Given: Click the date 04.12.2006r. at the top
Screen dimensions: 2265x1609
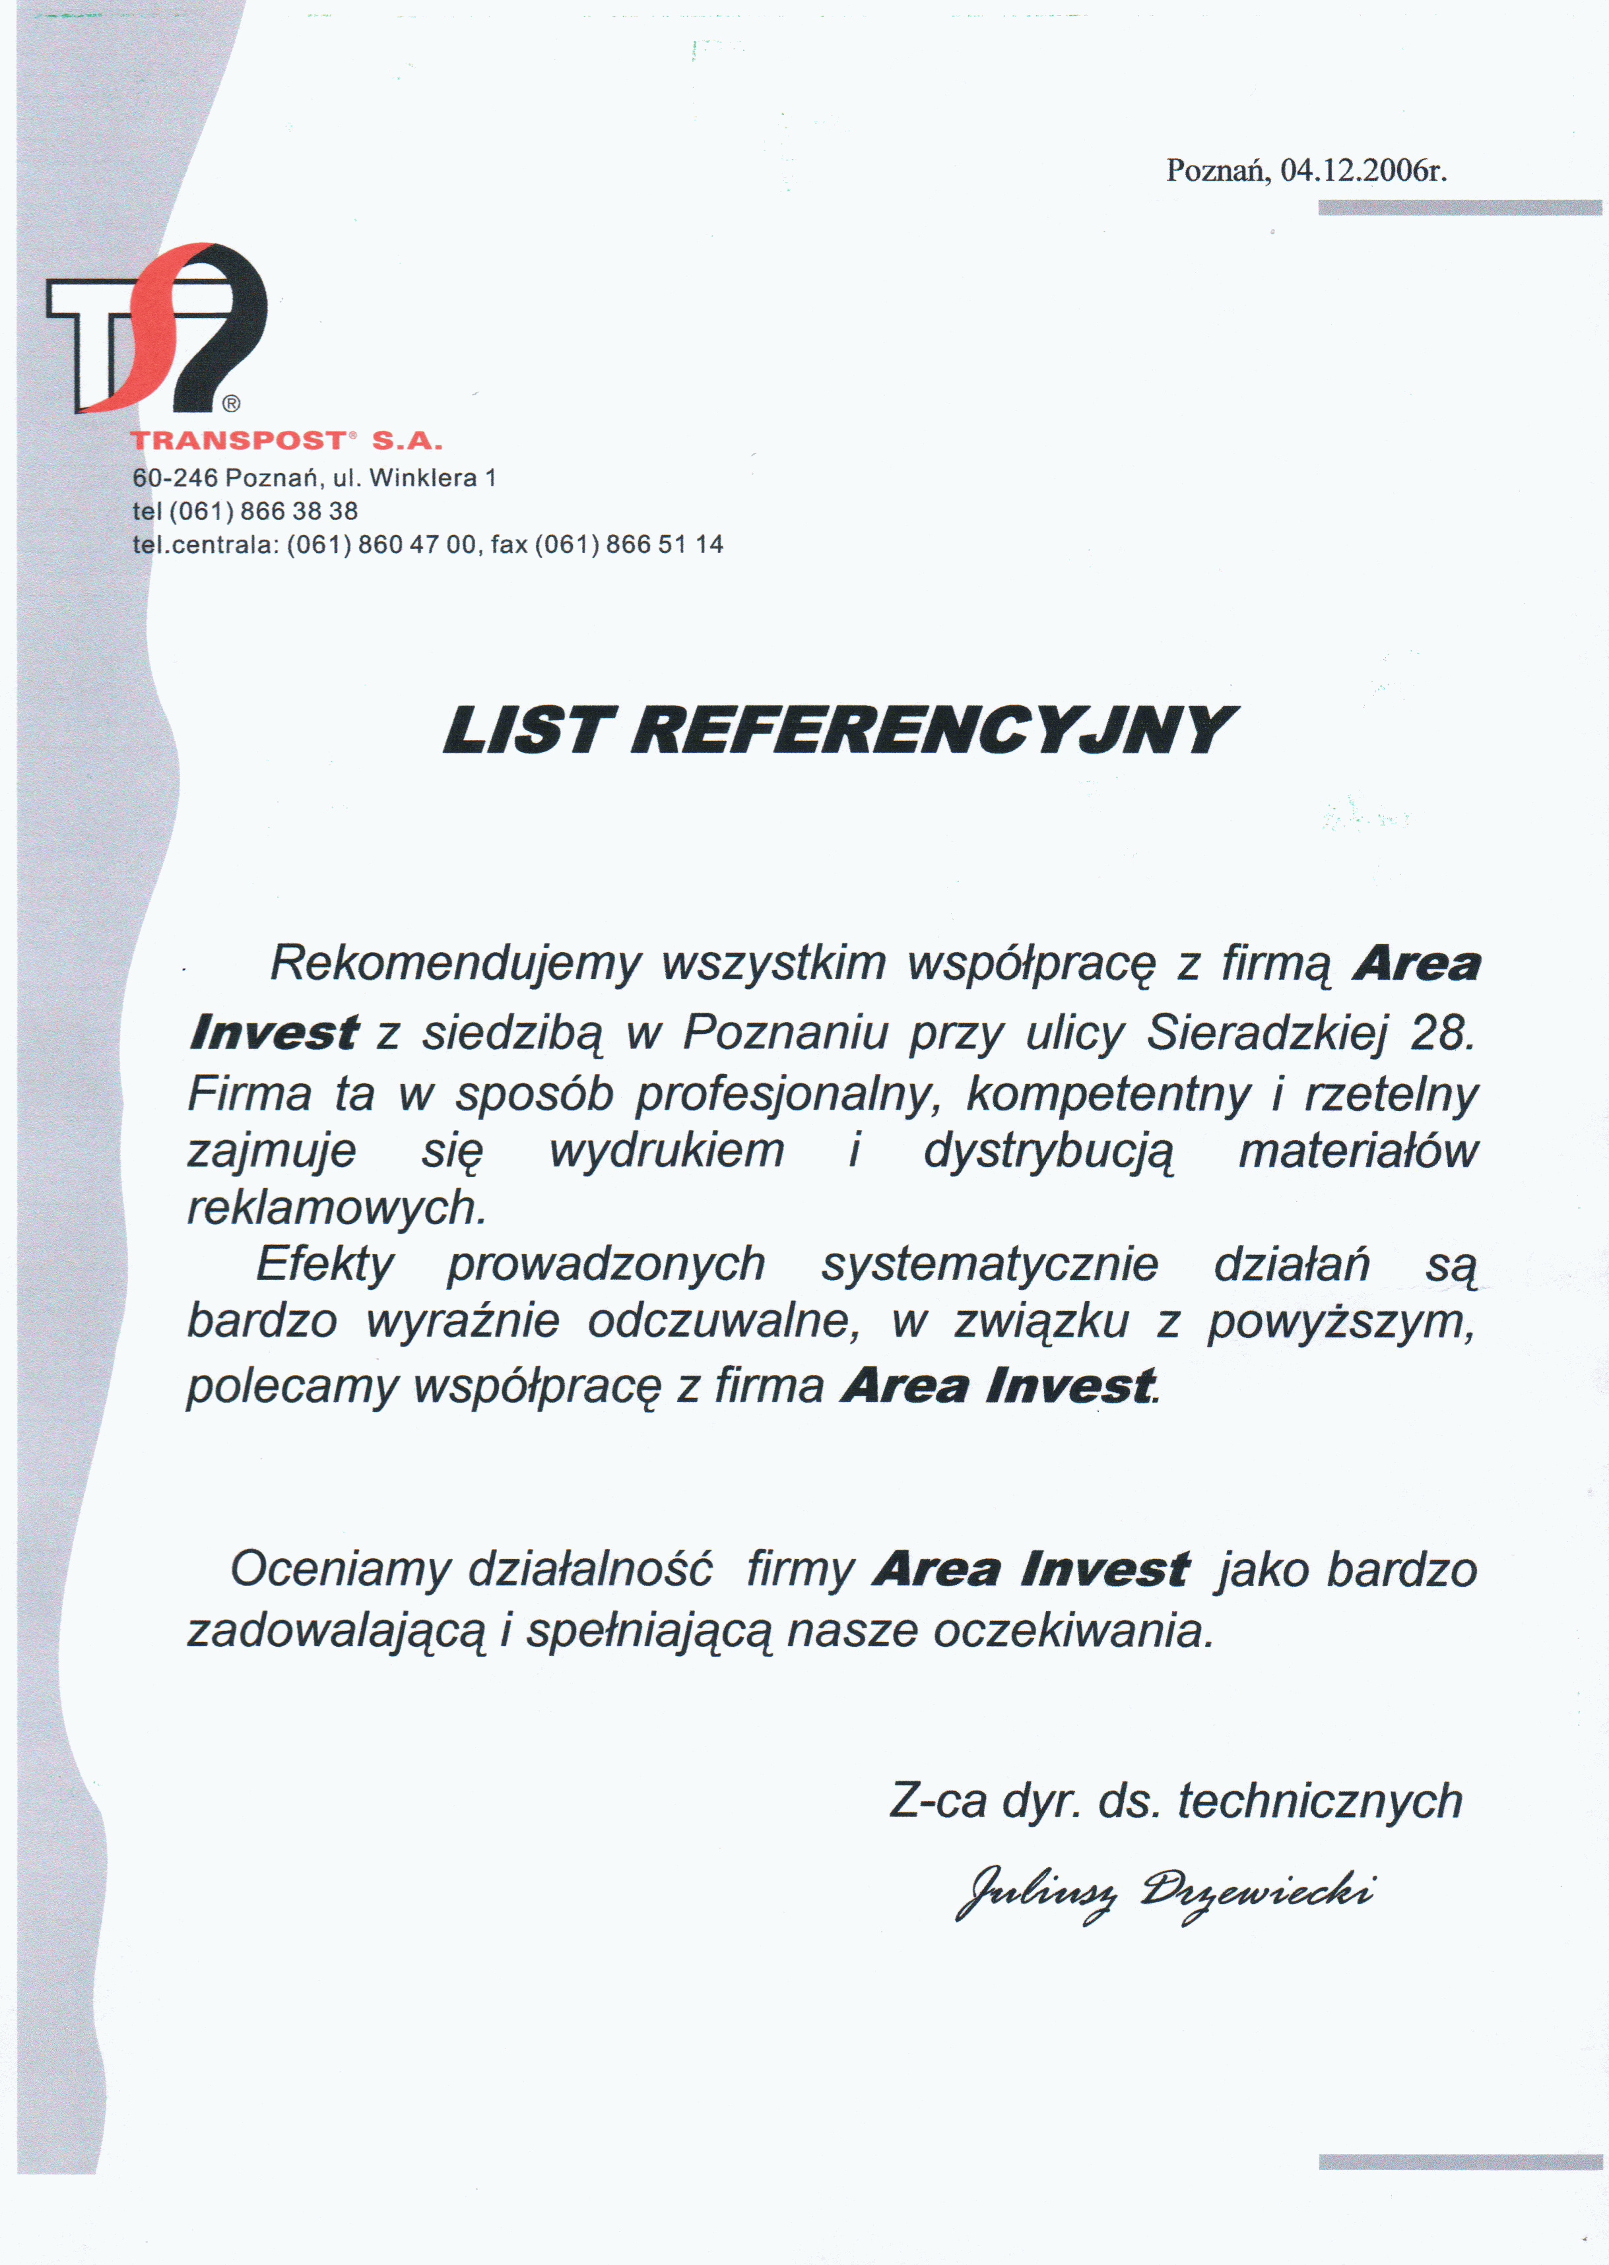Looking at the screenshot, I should [x=1363, y=172].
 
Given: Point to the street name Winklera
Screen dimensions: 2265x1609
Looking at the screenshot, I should [x=423, y=478].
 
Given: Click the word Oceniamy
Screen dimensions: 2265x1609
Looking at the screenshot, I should [x=340, y=1570].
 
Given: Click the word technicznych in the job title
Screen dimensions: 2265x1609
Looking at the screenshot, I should [x=1320, y=1801].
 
